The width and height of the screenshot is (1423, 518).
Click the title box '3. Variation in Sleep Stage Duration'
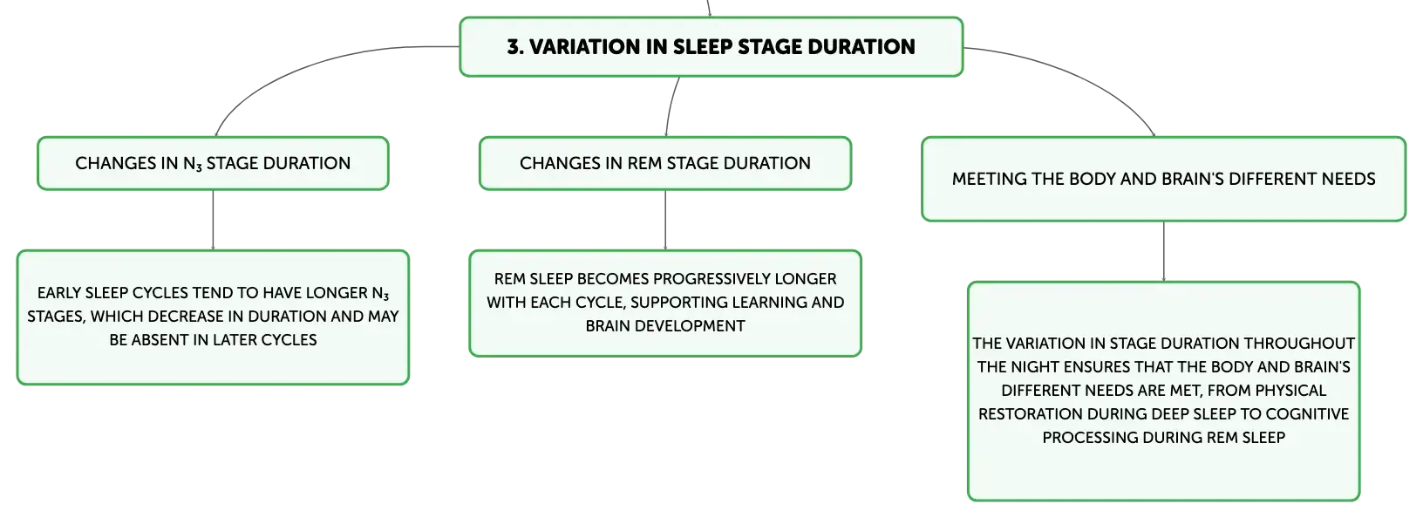[x=711, y=47]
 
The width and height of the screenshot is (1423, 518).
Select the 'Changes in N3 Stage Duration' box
[x=213, y=163]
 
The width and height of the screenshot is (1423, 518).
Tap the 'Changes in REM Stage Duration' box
[x=665, y=163]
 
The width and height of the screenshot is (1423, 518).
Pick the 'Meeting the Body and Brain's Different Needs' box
[x=1163, y=179]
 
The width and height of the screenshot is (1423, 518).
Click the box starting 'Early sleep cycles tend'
[x=213, y=317]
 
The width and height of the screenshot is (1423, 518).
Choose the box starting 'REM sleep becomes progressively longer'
[x=665, y=303]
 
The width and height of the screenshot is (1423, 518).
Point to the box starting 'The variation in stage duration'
[x=1163, y=391]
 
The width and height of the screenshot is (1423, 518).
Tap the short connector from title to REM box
[x=671, y=106]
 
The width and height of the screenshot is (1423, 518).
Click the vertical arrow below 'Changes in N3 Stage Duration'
[x=213, y=220]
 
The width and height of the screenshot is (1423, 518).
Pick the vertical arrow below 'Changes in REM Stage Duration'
[x=665, y=220]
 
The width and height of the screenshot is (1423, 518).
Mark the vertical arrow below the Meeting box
[x=1164, y=252]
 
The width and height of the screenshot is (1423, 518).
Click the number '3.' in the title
[x=515, y=47]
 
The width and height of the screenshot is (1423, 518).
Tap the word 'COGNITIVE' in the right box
[x=1307, y=413]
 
